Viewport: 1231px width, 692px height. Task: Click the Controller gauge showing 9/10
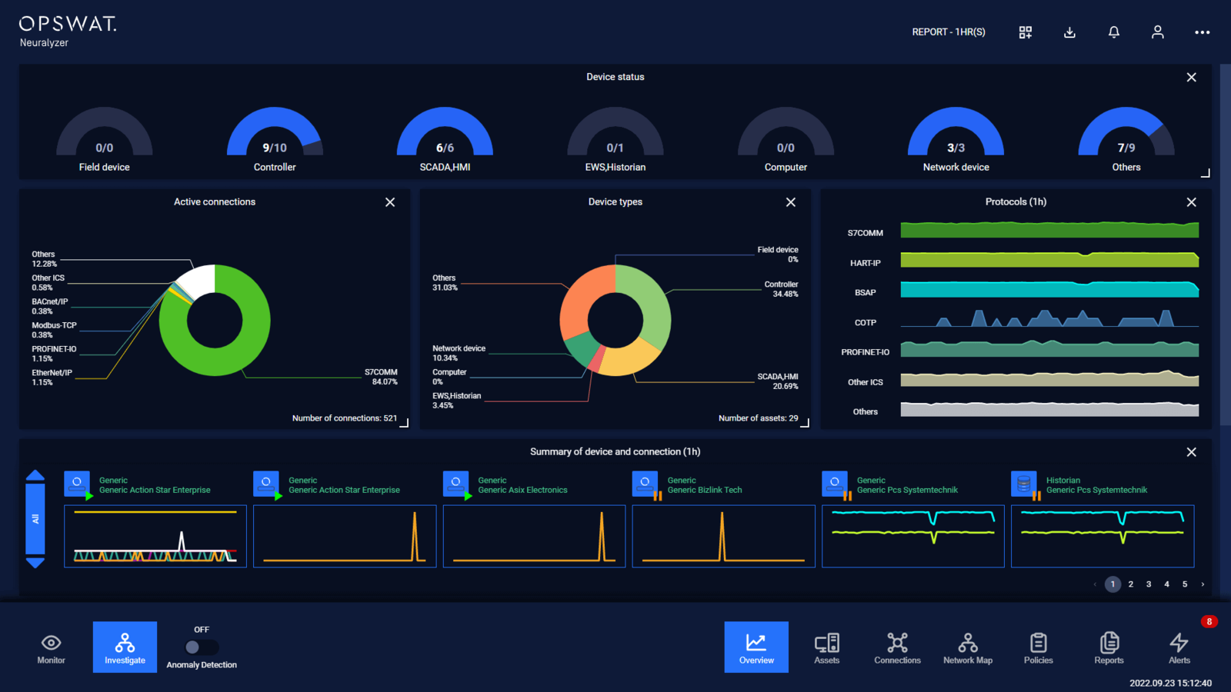[275, 138]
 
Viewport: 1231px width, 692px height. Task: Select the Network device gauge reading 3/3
[956, 138]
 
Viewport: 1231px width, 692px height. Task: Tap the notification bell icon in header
[1113, 32]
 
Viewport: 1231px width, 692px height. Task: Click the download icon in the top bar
[1069, 32]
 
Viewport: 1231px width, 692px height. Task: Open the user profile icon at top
[1157, 32]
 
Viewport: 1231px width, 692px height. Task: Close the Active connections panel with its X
[390, 202]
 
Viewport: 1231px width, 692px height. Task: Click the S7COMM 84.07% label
[381, 377]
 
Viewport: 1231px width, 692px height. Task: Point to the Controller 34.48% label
[781, 289]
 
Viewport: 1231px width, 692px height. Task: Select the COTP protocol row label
[865, 323]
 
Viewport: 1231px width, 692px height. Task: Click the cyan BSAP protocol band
[1049, 290]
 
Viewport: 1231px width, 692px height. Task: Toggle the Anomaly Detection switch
[202, 647]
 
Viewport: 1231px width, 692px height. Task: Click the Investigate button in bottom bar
[125, 647]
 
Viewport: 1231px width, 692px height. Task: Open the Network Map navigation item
[968, 648]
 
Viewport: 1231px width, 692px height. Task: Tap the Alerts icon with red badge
[1179, 647]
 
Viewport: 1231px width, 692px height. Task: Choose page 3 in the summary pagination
[1149, 584]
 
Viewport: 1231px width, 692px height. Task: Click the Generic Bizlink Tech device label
[704, 490]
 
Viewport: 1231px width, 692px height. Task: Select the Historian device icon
[1024, 484]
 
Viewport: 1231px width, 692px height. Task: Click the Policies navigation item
[1038, 648]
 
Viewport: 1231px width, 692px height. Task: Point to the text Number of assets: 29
[758, 418]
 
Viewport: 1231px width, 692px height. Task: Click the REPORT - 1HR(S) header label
[948, 32]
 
